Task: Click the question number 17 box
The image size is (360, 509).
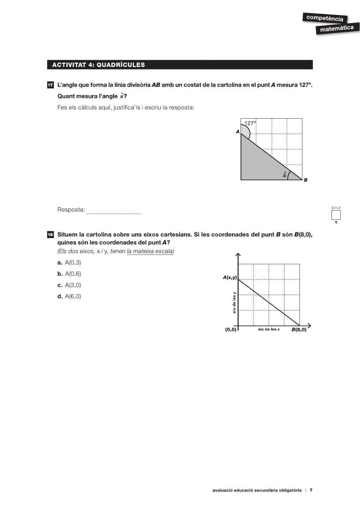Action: [50, 85]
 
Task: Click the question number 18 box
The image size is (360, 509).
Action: [50, 235]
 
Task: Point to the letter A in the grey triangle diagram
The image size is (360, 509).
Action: [238, 132]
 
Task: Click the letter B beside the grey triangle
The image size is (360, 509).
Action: [306, 180]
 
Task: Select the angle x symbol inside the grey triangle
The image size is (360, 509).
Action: [284, 175]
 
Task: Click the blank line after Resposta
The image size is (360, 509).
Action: [114, 210]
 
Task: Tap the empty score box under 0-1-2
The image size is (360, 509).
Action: [336, 215]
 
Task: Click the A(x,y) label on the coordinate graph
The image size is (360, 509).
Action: [230, 277]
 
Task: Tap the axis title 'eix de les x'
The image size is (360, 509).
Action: [269, 329]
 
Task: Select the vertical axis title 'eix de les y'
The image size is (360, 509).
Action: [234, 302]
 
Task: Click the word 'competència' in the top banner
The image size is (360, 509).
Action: [324, 18]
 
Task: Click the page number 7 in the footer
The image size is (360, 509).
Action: [311, 490]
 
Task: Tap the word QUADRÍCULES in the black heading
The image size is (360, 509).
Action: [121, 65]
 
